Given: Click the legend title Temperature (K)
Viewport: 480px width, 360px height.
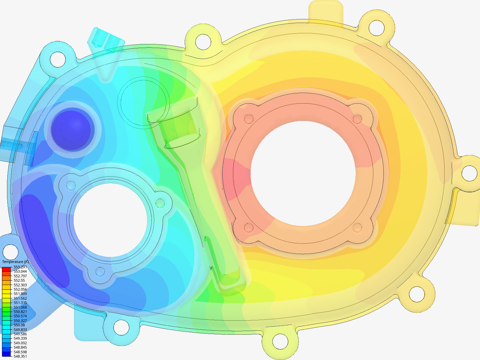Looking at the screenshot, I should [x=15, y=262].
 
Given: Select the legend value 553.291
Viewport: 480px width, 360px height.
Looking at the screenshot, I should [x=20, y=267].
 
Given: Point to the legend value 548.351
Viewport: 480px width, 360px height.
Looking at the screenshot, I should [x=20, y=356].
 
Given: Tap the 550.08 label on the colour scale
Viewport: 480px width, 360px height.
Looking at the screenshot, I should [x=19, y=325].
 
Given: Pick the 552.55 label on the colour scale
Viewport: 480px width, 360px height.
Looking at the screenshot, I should [x=19, y=280].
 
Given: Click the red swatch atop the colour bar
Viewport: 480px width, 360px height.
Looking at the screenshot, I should [x=6, y=269].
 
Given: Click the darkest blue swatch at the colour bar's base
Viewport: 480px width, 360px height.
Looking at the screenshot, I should [x=6, y=354].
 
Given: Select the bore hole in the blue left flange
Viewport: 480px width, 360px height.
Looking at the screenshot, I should [x=110, y=220].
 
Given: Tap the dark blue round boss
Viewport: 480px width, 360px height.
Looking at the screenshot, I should [x=71, y=130].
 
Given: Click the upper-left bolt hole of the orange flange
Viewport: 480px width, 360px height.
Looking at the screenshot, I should [x=249, y=119].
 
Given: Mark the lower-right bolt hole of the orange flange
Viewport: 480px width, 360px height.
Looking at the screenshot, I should [x=357, y=228].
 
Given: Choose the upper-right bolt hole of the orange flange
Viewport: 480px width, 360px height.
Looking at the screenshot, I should [x=357, y=119].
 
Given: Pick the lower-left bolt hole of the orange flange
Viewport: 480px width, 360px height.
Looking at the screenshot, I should [x=249, y=227].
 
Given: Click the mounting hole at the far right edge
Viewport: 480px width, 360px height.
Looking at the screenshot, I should [x=469, y=173].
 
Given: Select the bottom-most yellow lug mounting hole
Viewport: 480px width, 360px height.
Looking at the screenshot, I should [x=280, y=341].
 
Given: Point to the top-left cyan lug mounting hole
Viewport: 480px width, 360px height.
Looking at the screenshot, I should [x=58, y=59].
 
